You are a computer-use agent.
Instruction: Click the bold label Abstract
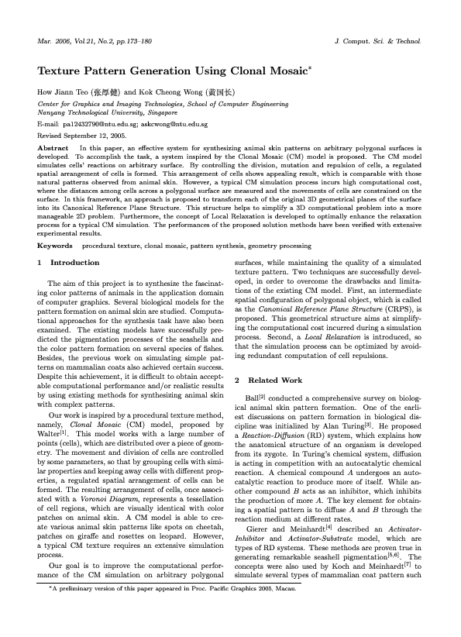point(53,146)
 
